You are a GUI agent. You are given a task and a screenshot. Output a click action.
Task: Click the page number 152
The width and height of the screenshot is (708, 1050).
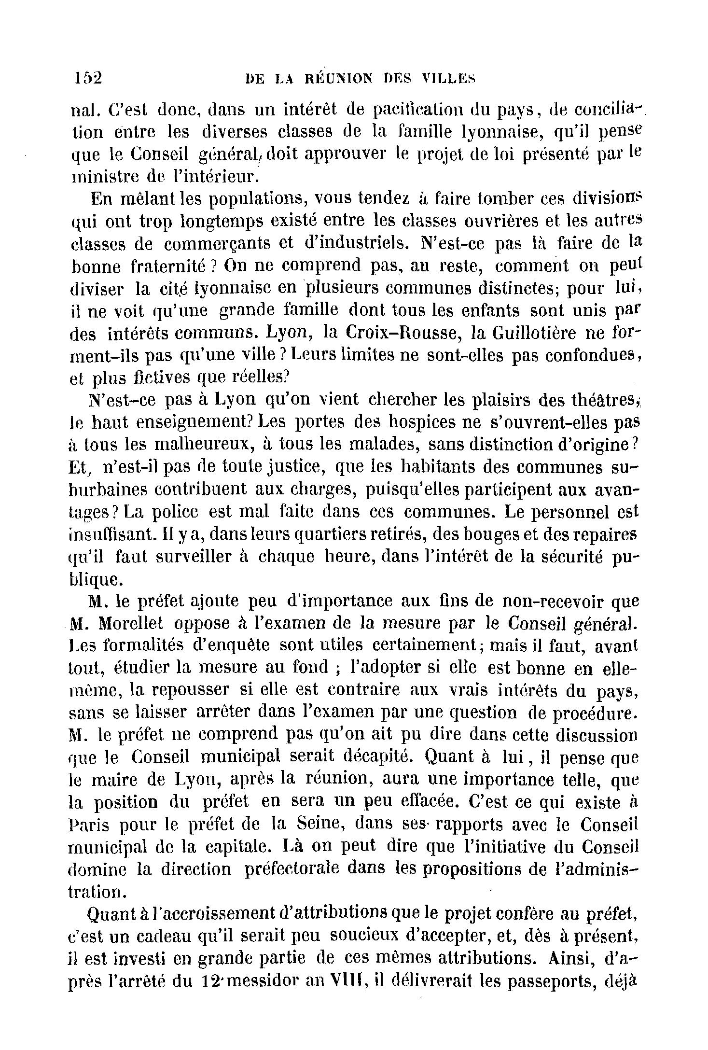click(88, 78)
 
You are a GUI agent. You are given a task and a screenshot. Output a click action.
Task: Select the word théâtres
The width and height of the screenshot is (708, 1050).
click(605, 400)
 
